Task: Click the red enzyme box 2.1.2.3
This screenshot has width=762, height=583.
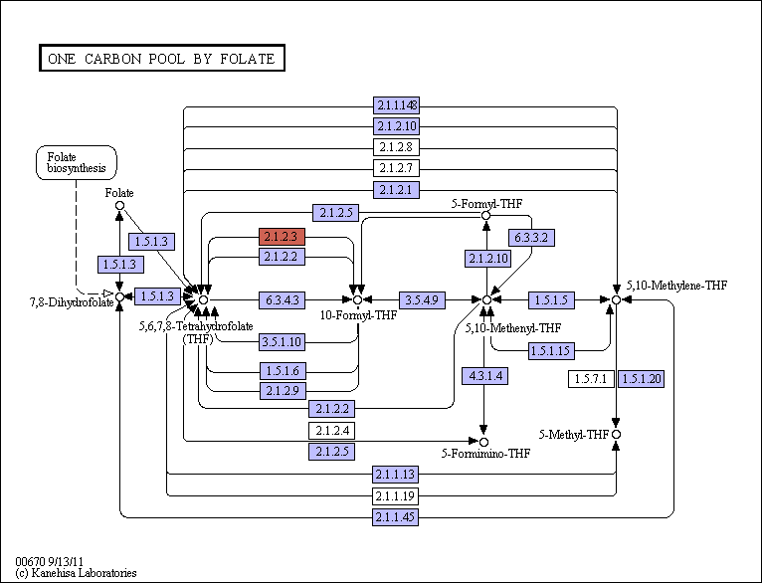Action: click(282, 237)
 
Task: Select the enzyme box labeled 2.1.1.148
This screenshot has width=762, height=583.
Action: click(396, 104)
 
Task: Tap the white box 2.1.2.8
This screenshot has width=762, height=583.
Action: click(396, 146)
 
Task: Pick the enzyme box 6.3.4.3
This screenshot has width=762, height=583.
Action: click(282, 300)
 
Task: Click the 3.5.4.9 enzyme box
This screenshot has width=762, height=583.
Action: click(422, 300)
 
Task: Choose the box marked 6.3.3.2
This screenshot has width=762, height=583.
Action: click(531, 238)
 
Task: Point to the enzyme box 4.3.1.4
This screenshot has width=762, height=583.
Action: click(485, 376)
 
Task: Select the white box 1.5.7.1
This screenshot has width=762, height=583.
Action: click(591, 379)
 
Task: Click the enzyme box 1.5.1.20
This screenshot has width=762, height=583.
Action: click(641, 379)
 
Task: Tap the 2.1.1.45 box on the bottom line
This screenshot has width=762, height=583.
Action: click(396, 517)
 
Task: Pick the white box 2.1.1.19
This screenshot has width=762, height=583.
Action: click(396, 496)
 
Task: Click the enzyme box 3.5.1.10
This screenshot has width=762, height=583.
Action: click(282, 342)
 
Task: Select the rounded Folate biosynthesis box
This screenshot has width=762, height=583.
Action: click(77, 163)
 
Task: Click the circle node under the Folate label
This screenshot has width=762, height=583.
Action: click(119, 206)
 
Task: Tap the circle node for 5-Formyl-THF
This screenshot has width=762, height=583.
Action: click(485, 215)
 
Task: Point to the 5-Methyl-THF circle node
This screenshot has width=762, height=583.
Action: click(616, 435)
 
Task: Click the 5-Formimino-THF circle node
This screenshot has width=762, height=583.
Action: click(483, 442)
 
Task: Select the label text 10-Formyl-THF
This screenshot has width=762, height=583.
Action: click(359, 315)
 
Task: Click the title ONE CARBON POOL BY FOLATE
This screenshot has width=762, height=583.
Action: click(162, 59)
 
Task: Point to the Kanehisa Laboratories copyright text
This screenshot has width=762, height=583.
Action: click(77, 573)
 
